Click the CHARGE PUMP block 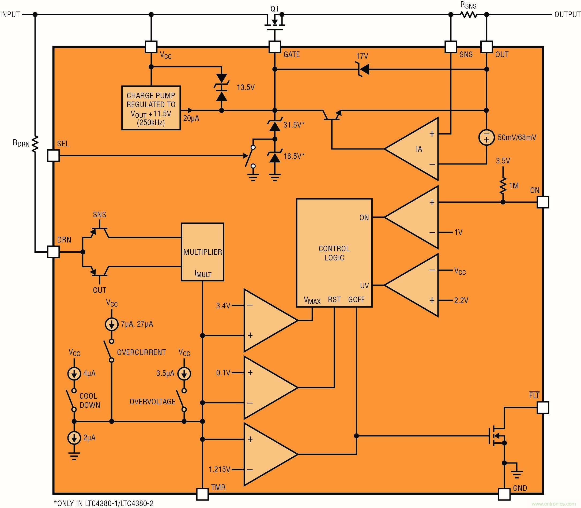coord(151,108)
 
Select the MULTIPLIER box coord(202,252)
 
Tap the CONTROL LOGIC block coord(334,253)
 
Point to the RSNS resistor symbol coord(468,14)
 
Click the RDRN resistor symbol coord(35,144)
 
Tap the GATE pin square coord(274,47)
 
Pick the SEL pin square coord(53,155)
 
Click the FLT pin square coord(543,408)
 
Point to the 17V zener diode coord(363,69)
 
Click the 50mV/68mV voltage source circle coord(486,137)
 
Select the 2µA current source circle coord(74,438)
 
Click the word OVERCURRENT coord(141,352)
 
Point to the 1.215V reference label coord(219,470)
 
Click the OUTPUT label coord(567,14)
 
